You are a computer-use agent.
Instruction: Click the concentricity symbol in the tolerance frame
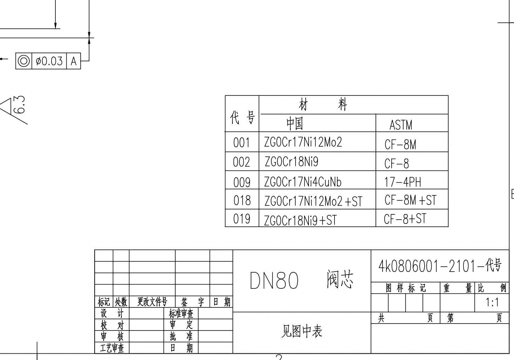[24, 61]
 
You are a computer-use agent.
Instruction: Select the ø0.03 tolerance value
[49, 61]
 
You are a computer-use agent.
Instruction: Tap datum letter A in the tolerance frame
[74, 61]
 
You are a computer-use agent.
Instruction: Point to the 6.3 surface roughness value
[20, 105]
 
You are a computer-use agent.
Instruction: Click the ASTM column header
[401, 125]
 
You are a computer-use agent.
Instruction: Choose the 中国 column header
[295, 123]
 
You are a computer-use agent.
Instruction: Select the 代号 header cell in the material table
[242, 117]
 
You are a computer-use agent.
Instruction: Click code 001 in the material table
[242, 143]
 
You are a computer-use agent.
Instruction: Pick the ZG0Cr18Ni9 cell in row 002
[291, 162]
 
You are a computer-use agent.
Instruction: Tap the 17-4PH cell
[403, 182]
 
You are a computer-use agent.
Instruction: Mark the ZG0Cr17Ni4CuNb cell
[303, 182]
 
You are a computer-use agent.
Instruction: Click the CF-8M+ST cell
[410, 200]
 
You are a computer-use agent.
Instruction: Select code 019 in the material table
[242, 219]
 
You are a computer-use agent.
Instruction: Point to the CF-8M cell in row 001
[400, 144]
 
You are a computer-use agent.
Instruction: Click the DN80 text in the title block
[274, 281]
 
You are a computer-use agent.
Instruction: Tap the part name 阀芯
[339, 279]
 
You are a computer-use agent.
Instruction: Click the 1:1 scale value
[492, 302]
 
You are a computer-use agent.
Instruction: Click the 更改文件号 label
[152, 302]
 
